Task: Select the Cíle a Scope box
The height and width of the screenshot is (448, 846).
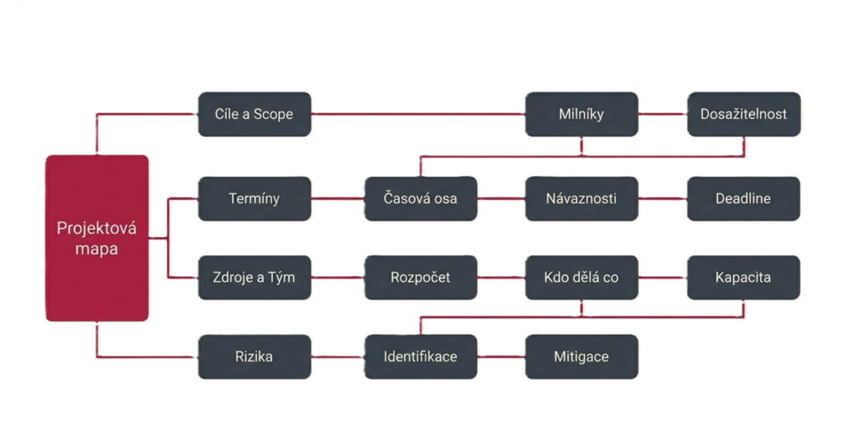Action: pyautogui.click(x=254, y=114)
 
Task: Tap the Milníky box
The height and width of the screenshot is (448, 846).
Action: pyautogui.click(x=582, y=114)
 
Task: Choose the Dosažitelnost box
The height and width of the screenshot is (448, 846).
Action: pyautogui.click(x=744, y=114)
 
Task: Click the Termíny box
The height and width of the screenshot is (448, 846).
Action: pyautogui.click(x=254, y=198)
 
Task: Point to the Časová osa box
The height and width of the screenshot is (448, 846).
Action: pyautogui.click(x=421, y=198)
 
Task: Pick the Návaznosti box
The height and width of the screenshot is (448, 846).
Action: pyautogui.click(x=582, y=198)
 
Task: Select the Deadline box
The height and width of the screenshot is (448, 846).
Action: pyautogui.click(x=744, y=198)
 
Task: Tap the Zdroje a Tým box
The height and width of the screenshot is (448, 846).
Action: pyautogui.click(x=254, y=278)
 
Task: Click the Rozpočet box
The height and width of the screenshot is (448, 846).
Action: pyautogui.click(x=421, y=278)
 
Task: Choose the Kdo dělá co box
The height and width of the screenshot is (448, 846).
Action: pyautogui.click(x=582, y=278)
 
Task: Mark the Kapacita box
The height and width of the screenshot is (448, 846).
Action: pyautogui.click(x=744, y=278)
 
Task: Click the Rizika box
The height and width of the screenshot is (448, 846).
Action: pyautogui.click(x=254, y=357)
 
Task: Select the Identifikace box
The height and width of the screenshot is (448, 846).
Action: pyautogui.click(x=421, y=357)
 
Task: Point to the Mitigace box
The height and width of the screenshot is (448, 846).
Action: pyautogui.click(x=582, y=357)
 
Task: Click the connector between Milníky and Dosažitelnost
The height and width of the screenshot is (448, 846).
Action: pyautogui.click(x=663, y=114)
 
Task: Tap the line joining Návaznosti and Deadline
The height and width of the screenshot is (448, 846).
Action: pyautogui.click(x=663, y=198)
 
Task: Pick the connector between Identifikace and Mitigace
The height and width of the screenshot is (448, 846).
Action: pyautogui.click(x=501, y=357)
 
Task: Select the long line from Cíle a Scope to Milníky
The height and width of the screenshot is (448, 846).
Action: pyautogui.click(x=420, y=114)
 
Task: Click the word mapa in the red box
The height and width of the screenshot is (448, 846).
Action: pyautogui.click(x=97, y=248)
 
